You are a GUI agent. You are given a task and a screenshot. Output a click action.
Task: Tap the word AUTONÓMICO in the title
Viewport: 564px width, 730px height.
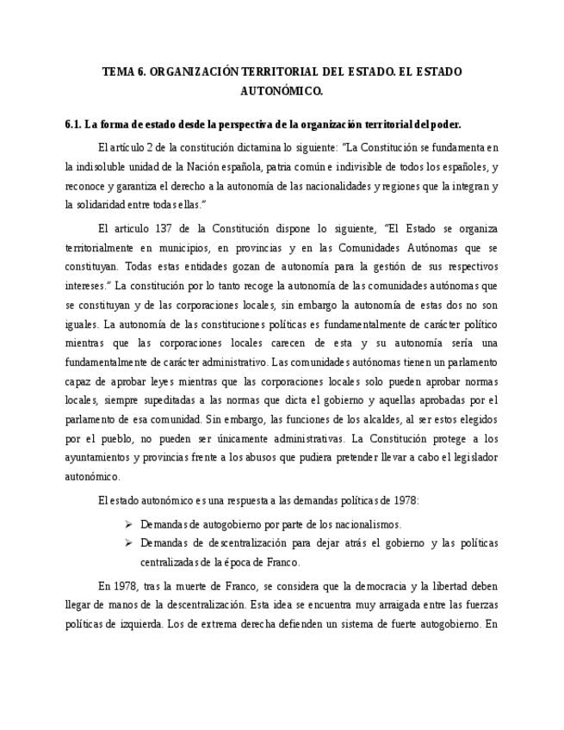pos(282,90)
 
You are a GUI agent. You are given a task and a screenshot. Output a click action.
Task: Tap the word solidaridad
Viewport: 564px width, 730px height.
pos(102,204)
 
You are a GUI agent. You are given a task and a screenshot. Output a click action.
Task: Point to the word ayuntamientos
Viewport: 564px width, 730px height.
pos(101,457)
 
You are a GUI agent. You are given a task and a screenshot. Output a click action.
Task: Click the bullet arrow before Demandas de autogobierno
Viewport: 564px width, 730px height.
pos(127,523)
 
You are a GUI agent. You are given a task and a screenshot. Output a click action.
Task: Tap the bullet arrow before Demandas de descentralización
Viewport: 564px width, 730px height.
pos(127,543)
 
